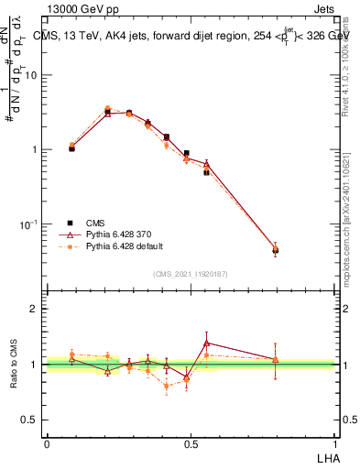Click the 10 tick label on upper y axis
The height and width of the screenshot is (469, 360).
point(31,75)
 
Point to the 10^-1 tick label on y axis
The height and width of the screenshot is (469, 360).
point(29,224)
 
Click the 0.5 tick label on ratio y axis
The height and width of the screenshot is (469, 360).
point(32,420)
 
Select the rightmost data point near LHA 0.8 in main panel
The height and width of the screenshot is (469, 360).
point(275,249)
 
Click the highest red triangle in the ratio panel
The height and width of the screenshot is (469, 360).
point(207,343)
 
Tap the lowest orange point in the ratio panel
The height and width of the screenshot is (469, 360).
point(167,387)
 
